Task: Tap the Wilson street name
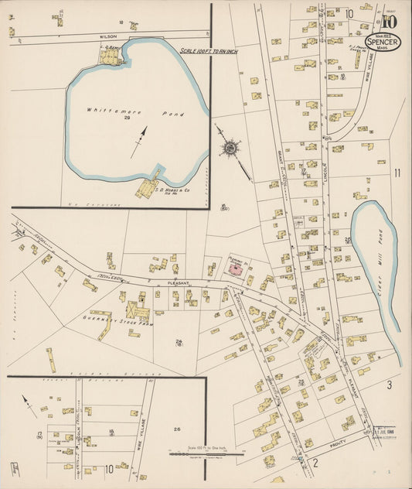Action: [107, 36]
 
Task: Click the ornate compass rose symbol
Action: [230, 145]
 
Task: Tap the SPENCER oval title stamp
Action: [384, 42]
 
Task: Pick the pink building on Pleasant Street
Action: [234, 268]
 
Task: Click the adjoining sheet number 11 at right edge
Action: [397, 173]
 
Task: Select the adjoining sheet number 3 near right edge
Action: [390, 385]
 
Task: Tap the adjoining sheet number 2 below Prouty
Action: [315, 463]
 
